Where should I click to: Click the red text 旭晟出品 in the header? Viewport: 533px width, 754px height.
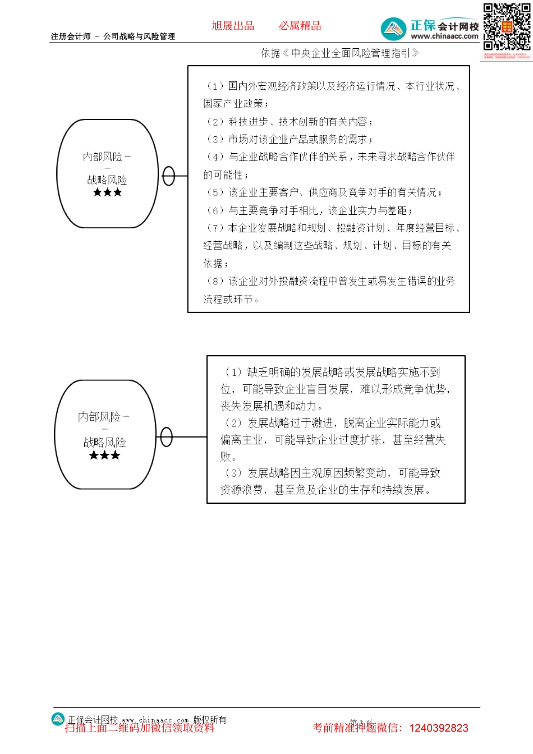tap(233, 26)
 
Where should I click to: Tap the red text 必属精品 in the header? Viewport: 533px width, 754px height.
tap(300, 26)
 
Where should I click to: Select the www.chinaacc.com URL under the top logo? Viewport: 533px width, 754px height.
tap(444, 36)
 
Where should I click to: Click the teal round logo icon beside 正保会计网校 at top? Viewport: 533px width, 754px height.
tap(393, 29)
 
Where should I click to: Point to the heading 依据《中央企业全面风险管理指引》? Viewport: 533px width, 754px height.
tap(340, 53)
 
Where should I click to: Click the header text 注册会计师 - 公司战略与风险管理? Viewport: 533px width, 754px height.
tap(113, 36)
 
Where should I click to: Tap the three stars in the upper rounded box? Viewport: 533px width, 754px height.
tap(107, 192)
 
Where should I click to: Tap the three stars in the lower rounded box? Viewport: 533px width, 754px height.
tap(104, 455)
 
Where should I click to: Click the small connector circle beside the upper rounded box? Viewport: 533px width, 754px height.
tap(168, 176)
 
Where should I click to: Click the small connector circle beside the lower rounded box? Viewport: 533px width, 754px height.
tap(166, 437)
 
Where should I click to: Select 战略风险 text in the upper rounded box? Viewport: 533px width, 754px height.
tap(107, 180)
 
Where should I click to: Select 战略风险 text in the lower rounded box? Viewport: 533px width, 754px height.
tap(105, 443)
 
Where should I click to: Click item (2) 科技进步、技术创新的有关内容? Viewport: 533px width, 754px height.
tap(289, 122)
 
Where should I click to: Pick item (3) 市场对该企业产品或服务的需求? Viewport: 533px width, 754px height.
tap(289, 139)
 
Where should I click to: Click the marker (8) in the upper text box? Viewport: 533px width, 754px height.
tap(215, 281)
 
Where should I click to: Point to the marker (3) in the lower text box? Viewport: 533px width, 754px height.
tap(233, 473)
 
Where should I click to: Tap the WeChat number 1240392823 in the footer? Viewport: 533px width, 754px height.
tap(439, 728)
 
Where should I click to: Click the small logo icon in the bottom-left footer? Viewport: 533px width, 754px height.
tap(58, 719)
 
